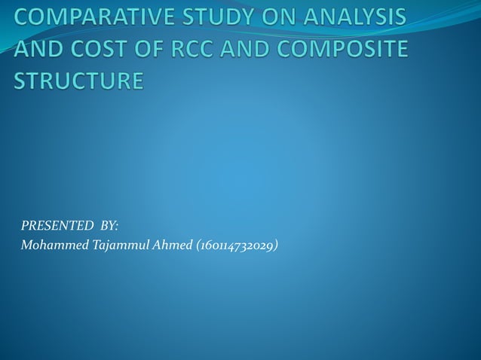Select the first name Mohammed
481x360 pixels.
click(x=50, y=245)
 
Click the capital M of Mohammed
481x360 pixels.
click(x=27, y=245)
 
